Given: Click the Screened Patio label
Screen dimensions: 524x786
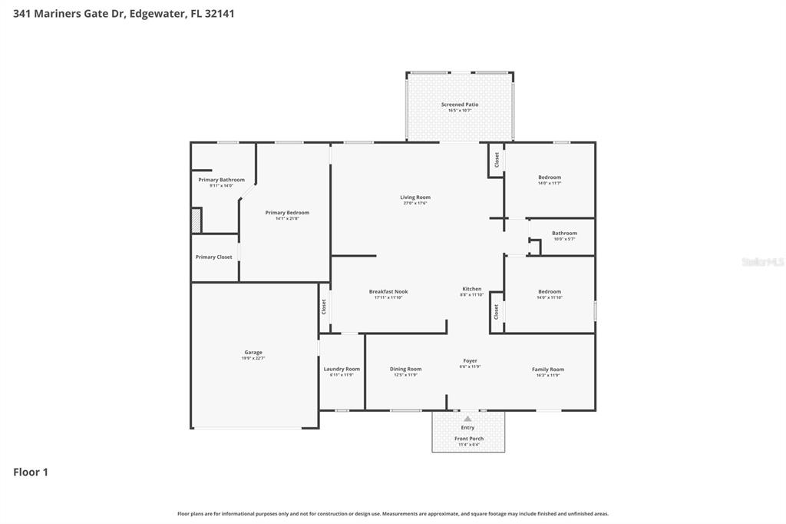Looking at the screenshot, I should pos(459,104).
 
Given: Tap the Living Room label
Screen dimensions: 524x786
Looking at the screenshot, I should pos(414,197).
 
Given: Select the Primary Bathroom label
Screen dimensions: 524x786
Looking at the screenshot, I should pos(221,180).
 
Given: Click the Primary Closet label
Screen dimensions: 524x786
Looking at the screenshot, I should pos(213,257).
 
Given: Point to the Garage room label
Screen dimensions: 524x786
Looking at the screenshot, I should pos(253,353).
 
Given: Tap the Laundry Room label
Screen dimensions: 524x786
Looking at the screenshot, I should pos(342,369).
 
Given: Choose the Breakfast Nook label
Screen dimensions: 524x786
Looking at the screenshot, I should pos(388,292).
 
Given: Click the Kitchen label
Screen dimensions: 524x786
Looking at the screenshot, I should pos(471,289).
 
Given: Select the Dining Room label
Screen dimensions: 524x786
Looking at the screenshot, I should pos(405,369).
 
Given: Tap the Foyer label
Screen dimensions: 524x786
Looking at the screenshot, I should pos(470,361).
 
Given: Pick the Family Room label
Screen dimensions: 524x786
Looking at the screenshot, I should pos(548,370).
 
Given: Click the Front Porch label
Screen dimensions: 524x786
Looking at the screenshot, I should pos(468,439).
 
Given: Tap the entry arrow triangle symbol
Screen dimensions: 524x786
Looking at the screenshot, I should pos(467,420).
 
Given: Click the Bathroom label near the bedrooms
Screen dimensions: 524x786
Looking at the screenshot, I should pos(564,234).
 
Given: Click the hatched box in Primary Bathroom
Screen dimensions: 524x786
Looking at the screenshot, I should pos(196,221).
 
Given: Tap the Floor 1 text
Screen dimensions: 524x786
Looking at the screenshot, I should pos(31,472).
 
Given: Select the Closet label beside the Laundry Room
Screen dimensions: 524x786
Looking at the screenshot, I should pos(324,307).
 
